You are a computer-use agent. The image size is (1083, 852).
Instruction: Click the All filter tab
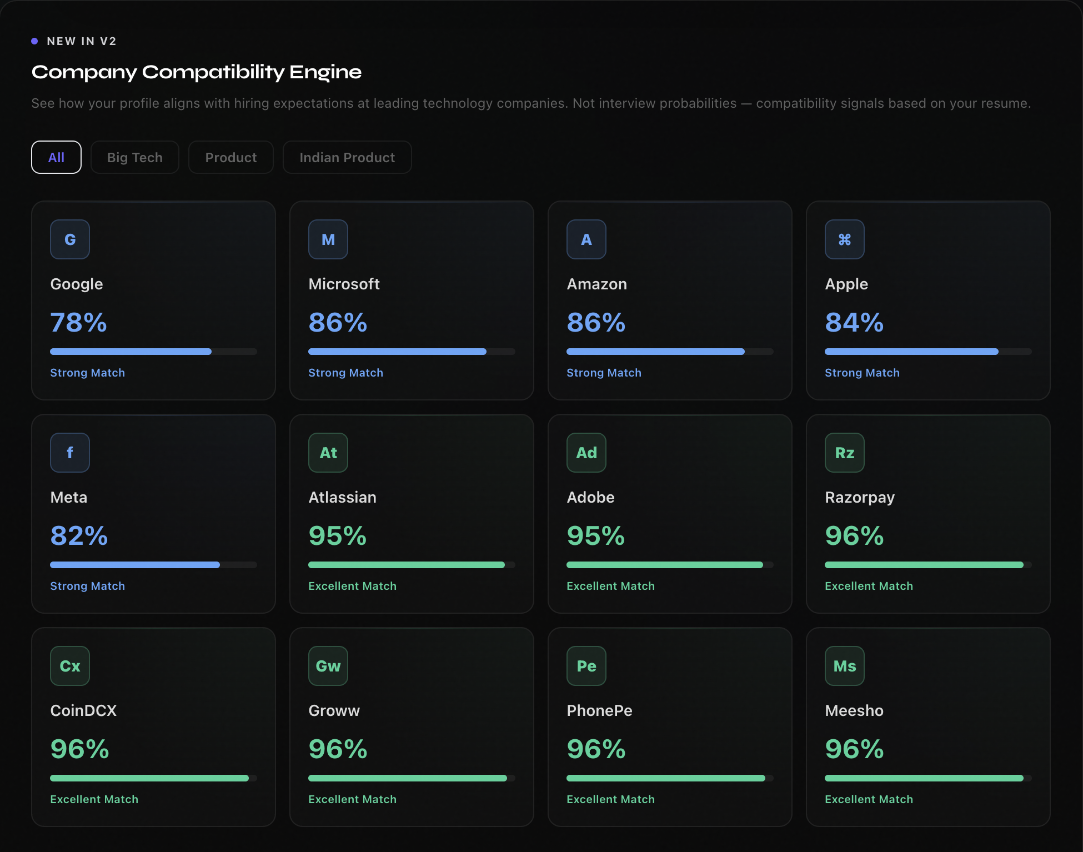[56, 157]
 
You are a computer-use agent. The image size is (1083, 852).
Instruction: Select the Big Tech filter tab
[135, 157]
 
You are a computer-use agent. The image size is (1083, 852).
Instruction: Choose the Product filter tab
[231, 157]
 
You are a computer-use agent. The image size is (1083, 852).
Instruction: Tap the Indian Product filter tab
[347, 157]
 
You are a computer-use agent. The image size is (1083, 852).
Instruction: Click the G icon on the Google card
[70, 239]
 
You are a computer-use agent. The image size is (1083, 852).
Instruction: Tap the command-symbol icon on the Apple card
[845, 239]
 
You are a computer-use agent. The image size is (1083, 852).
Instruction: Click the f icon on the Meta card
[70, 453]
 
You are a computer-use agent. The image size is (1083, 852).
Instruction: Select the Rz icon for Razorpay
[845, 453]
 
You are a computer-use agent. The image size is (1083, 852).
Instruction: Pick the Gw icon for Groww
[328, 666]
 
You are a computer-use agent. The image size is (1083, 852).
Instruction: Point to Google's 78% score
[78, 323]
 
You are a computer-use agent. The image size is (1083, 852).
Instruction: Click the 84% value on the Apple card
[854, 323]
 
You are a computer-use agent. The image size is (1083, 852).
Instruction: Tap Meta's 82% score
[79, 536]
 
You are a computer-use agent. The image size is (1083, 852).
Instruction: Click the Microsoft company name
[344, 284]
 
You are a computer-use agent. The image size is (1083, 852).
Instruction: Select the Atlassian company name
[342, 497]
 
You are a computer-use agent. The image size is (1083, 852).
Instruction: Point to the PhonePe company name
[599, 710]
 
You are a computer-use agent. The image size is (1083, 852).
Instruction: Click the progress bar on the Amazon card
[670, 352]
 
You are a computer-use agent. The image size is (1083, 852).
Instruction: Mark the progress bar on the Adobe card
[670, 565]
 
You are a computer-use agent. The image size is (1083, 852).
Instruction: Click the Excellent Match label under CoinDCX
[94, 799]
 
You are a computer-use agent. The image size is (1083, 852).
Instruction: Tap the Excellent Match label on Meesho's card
[869, 799]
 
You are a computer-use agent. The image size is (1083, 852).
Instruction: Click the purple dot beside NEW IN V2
[34, 41]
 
